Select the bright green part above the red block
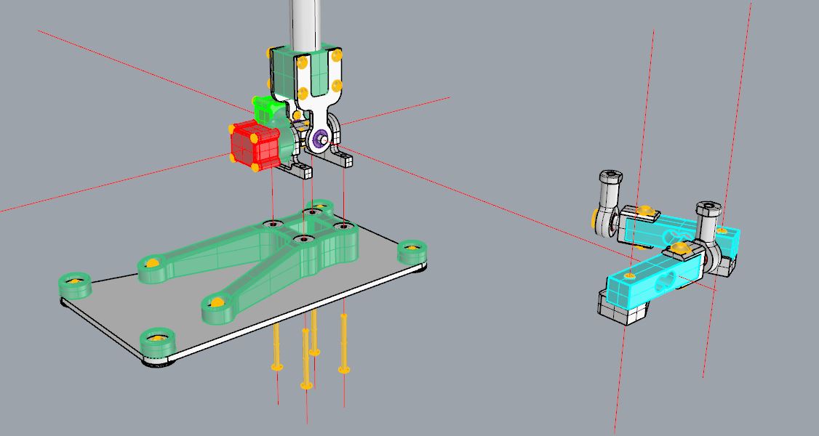coord(267,110)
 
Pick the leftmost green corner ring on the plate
coord(75,285)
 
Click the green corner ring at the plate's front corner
coord(157,341)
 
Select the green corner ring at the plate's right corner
coord(412,251)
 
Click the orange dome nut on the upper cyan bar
coord(644,211)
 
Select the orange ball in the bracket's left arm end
coord(153,262)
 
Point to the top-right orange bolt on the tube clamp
coord(336,55)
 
